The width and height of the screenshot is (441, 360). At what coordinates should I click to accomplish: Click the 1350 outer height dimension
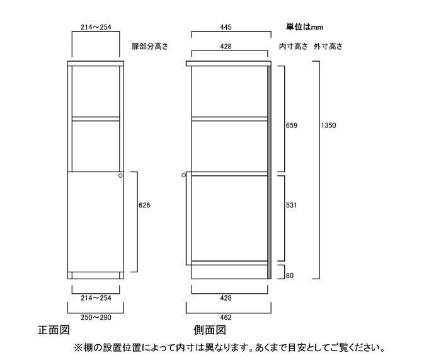(328, 125)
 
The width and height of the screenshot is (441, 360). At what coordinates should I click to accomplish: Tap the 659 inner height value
(292, 125)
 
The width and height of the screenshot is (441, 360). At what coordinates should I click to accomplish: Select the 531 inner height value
(292, 206)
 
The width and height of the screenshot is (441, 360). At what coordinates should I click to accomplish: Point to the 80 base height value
(290, 276)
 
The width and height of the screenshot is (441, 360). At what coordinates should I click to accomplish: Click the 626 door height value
(144, 206)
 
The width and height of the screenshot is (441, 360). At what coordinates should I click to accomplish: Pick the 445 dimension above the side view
(226, 27)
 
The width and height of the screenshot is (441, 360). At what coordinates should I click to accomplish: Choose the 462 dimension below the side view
(226, 318)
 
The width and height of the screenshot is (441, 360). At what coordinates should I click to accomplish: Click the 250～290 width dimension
(96, 318)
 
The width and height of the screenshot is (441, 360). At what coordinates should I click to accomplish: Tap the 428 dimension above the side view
(226, 47)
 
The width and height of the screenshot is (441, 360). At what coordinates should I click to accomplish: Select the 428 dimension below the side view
(226, 298)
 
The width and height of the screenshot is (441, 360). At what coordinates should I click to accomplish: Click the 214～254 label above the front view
(96, 27)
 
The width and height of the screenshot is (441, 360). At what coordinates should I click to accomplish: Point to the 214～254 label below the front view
(96, 298)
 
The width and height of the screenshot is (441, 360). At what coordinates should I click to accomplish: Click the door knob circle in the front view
(121, 176)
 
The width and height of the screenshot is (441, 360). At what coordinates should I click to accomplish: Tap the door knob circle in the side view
(184, 175)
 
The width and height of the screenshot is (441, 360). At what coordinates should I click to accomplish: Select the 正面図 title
(54, 330)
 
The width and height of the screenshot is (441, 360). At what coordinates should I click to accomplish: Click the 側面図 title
(210, 330)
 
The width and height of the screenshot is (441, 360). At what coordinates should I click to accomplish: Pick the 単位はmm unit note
(305, 27)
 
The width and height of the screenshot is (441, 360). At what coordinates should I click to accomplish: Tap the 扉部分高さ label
(150, 47)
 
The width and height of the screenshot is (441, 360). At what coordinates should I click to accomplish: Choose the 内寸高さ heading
(294, 47)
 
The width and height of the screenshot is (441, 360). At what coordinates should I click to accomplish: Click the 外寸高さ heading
(328, 47)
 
